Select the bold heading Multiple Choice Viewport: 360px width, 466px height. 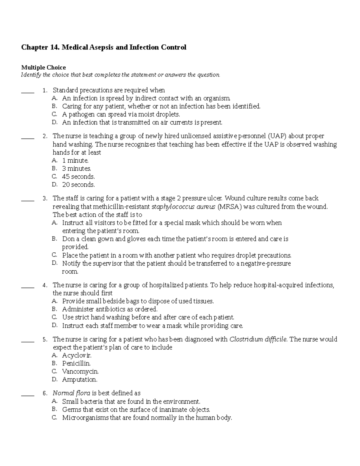(x=43, y=67)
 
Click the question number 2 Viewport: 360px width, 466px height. (x=45, y=137)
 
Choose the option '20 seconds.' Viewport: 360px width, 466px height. (x=78, y=185)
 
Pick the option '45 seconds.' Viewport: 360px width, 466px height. (x=78, y=177)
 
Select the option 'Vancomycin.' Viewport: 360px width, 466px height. (x=80, y=371)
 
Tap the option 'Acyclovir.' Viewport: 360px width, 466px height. (x=76, y=356)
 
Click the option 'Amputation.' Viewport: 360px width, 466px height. (x=79, y=380)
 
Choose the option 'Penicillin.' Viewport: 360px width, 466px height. (x=76, y=364)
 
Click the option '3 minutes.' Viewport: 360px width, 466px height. (x=76, y=169)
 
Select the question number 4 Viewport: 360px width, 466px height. (x=45, y=285)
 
